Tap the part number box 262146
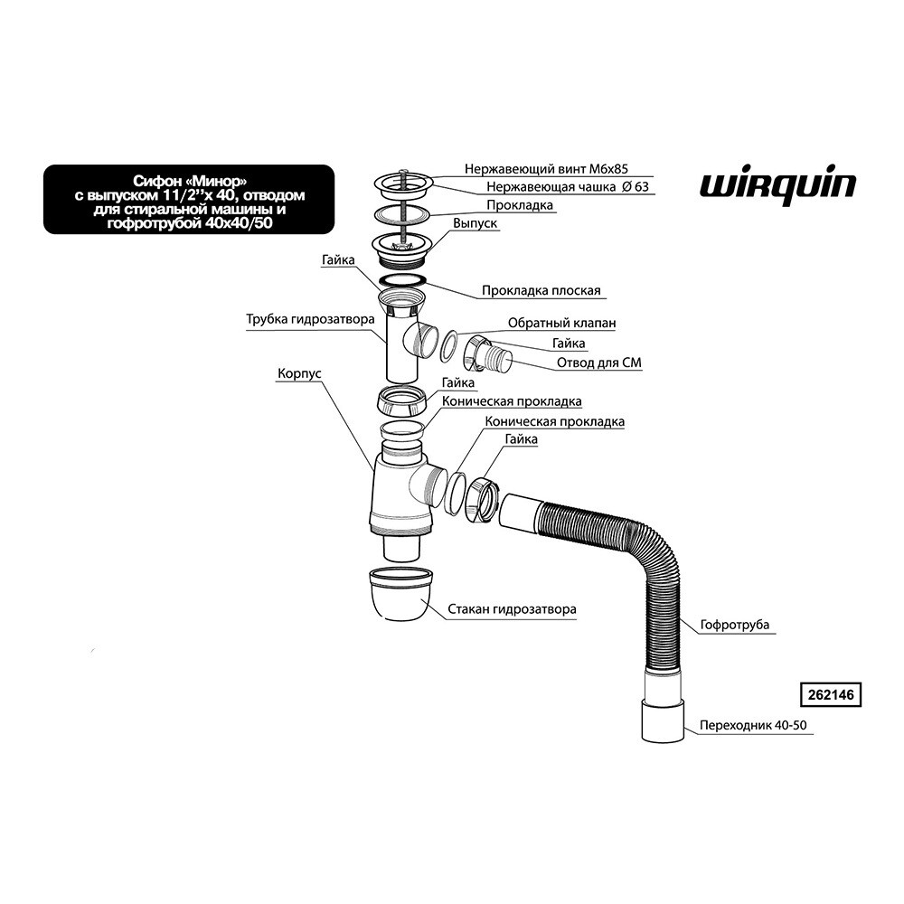tap(828, 696)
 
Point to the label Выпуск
tap(475, 222)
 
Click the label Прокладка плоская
tap(541, 291)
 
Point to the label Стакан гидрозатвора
tap(512, 609)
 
